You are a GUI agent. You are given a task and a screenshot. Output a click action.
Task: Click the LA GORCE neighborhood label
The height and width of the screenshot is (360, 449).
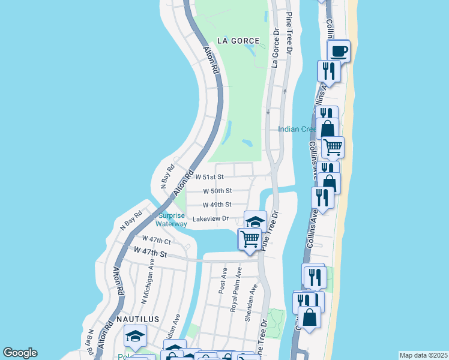(239, 41)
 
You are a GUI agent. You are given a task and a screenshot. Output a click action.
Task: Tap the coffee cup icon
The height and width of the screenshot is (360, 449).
(339, 50)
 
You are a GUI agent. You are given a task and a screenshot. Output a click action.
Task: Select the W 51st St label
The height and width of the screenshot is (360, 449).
(209, 177)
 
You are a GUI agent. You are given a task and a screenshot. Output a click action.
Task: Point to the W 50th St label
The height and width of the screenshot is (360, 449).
(217, 191)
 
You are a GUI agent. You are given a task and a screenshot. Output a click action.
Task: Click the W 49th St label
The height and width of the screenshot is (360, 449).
(217, 205)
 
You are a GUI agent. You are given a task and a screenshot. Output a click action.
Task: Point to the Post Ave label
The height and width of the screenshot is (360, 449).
(223, 280)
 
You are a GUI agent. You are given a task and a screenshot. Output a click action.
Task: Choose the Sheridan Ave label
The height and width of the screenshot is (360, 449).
(250, 303)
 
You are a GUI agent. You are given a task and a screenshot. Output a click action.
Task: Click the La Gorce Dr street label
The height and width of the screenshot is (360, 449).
(276, 47)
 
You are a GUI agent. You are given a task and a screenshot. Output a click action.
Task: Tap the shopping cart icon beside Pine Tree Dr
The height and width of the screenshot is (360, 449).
(250, 239)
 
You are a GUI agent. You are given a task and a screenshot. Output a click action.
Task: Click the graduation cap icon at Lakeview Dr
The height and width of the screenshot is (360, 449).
(255, 221)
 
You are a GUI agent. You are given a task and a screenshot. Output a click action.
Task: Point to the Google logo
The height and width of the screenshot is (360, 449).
(20, 353)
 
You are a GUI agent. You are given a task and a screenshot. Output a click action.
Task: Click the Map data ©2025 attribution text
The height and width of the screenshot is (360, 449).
(423, 355)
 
